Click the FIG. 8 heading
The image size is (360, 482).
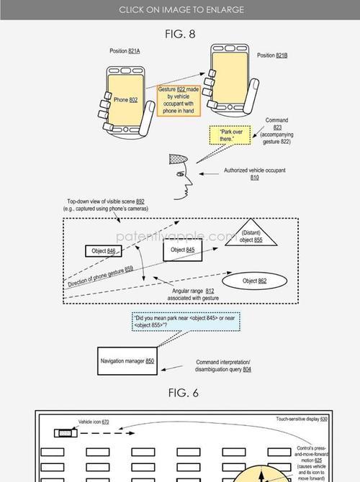tap(180, 34)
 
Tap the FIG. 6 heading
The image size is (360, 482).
tap(184, 393)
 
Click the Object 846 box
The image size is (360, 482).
tap(104, 251)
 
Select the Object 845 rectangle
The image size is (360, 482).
tap(182, 250)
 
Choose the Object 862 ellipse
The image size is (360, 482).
tap(254, 281)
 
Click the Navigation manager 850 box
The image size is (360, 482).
tap(127, 361)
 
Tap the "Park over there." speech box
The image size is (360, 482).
tap(230, 135)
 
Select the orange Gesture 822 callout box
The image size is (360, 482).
tap(179, 100)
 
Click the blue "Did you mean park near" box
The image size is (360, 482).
tap(186, 322)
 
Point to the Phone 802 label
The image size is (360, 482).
tap(125, 100)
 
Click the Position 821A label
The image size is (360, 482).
tap(125, 51)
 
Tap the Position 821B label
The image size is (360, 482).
tap(272, 55)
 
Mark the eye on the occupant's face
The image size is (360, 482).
tap(180, 174)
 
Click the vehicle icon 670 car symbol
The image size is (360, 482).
tap(66, 433)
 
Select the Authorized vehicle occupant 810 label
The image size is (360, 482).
tap(254, 173)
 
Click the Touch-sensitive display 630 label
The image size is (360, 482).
tap(302, 419)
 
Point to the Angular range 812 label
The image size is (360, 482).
tap(193, 294)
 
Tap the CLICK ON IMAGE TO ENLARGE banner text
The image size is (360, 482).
tap(181, 10)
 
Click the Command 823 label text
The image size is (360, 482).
tap(276, 131)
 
